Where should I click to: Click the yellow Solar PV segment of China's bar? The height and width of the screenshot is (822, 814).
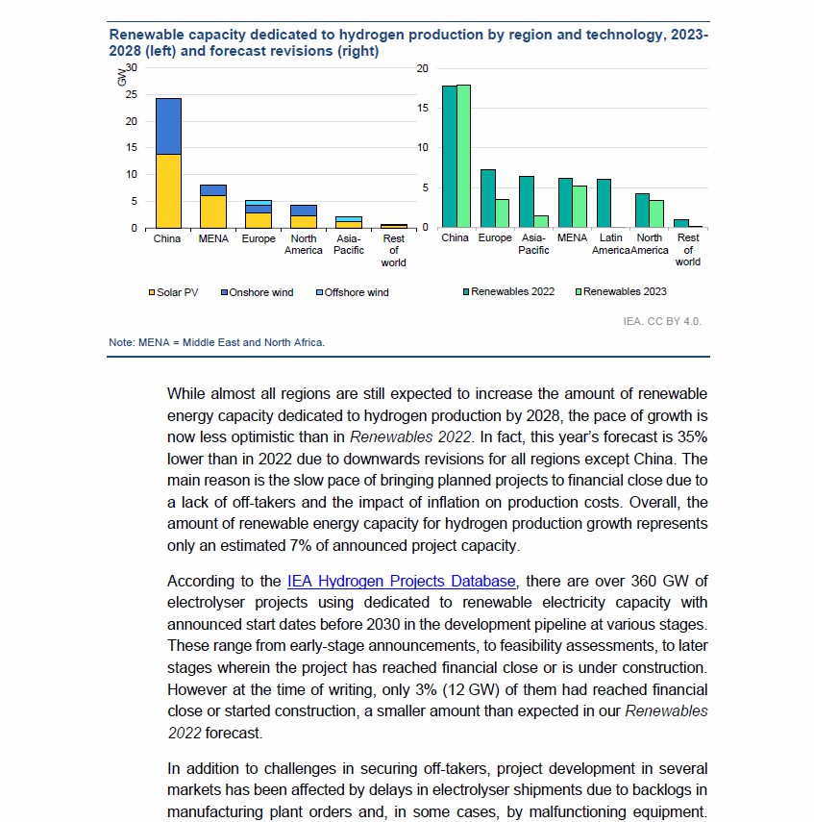pos(168,190)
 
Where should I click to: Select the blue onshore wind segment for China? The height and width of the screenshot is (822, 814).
pos(168,126)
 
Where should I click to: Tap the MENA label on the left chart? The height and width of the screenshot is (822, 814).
pos(212,238)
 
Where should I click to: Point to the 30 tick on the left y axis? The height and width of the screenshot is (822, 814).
pos(132,67)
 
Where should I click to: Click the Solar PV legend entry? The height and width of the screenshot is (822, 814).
pos(173,292)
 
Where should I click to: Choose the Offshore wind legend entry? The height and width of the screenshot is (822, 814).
pos(352,292)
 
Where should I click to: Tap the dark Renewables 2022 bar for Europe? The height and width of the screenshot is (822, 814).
pos(488,198)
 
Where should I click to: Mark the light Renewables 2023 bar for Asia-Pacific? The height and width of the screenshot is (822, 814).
pos(541,221)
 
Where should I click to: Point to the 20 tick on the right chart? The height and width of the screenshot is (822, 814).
pos(423,67)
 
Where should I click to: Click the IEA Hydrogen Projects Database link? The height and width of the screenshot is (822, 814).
pos(402,581)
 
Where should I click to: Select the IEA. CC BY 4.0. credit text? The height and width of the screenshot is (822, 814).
pos(662,321)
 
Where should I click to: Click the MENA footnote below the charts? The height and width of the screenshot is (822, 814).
pos(216,341)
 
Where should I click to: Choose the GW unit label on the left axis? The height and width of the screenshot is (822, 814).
pos(121,78)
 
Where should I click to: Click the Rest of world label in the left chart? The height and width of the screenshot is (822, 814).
pos(393,250)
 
